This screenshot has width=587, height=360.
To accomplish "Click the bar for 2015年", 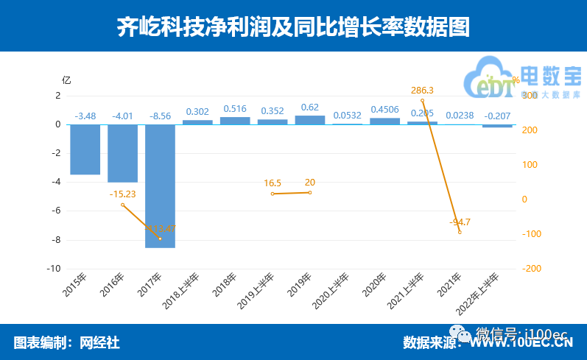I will point(85,149).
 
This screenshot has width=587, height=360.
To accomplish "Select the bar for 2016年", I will point(122,153).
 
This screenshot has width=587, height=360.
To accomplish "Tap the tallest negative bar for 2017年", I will point(160,186).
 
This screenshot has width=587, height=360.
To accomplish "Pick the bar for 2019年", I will point(309,120).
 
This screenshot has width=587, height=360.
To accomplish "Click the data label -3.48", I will point(85,115).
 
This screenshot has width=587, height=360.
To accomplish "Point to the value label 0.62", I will point(310,107).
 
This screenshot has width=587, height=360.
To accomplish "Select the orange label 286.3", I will point(422,91).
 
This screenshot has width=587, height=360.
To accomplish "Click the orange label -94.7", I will point(460,221).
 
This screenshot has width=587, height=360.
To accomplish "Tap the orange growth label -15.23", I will point(122,194).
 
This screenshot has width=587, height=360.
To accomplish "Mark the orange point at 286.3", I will point(422,100).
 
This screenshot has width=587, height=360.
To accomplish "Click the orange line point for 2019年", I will point(309,193).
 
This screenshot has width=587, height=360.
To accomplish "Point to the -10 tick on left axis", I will point(53,269).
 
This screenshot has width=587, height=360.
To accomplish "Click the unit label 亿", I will point(66,80).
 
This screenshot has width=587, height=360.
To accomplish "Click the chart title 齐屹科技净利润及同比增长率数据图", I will point(293,27).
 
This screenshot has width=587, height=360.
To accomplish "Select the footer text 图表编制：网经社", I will point(66,342).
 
